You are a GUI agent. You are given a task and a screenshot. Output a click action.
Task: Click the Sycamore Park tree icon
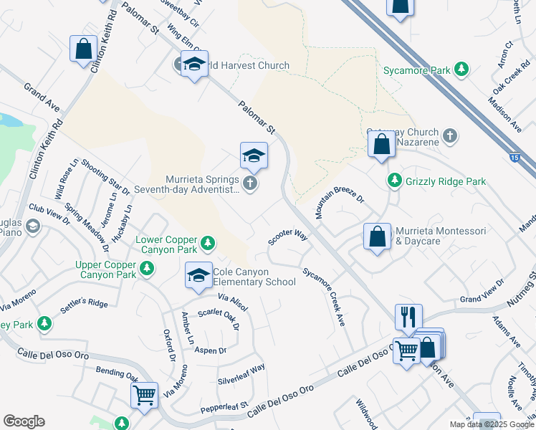tap(463, 70)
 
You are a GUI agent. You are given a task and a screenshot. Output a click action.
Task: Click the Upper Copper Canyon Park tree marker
tap(147, 269)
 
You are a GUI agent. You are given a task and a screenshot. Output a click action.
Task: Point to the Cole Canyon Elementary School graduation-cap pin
tap(199, 276)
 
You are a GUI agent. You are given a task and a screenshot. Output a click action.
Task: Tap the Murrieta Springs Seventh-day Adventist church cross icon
tap(250, 184)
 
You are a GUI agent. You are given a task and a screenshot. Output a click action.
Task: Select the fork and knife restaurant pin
tap(408, 317)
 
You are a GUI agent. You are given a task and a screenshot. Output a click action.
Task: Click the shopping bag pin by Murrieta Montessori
tap(377, 237)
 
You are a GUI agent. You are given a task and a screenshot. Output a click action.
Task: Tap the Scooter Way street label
tap(288, 236)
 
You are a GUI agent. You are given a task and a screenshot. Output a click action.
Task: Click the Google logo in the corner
tap(24, 421)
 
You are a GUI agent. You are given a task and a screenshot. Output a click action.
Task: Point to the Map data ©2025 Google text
tap(492, 424)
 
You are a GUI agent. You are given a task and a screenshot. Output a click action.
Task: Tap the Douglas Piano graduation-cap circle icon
tap(32, 226)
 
